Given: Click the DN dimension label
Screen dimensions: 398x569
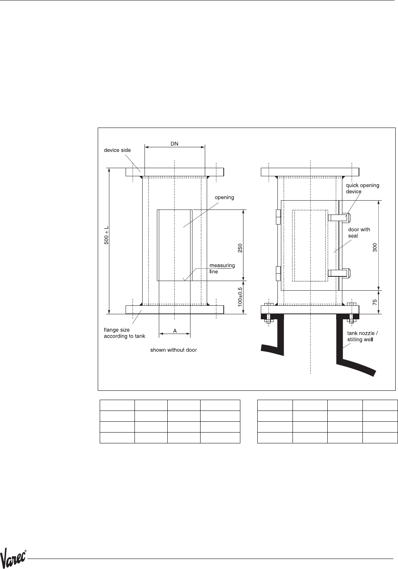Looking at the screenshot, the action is click(x=174, y=144).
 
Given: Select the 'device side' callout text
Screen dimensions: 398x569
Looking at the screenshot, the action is click(x=117, y=150).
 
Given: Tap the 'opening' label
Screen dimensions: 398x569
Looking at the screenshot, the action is click(x=225, y=198).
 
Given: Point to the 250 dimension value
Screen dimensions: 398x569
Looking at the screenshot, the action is click(x=240, y=248).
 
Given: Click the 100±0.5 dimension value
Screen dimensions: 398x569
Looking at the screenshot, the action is click(x=240, y=297).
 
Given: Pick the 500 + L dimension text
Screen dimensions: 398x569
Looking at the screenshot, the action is click(x=107, y=235).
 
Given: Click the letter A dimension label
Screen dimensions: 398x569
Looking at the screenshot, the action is click(x=175, y=331).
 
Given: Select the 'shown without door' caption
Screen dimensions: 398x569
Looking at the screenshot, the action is click(x=173, y=350).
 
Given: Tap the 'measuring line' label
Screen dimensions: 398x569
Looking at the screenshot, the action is click(x=222, y=269).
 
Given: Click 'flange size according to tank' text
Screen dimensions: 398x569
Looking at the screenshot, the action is click(x=124, y=333).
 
